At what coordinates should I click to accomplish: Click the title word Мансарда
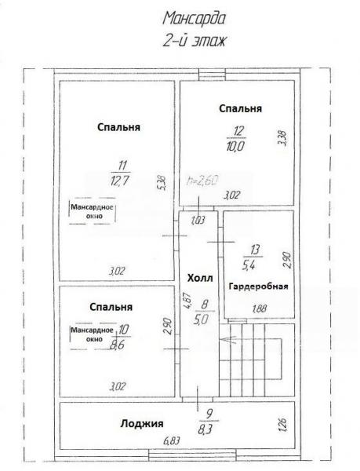[x=194, y=19]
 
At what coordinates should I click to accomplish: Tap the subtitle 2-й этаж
[x=194, y=41]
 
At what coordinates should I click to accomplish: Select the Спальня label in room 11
[x=118, y=127]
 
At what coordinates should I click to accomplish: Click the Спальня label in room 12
[x=241, y=108]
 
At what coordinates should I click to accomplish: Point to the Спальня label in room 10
[x=111, y=307]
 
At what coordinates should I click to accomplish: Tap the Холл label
[x=200, y=278]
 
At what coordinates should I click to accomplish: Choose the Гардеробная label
[x=258, y=287]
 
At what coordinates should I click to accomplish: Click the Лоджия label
[x=142, y=424]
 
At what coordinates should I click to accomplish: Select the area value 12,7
[x=120, y=181]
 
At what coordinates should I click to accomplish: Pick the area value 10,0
[x=236, y=147]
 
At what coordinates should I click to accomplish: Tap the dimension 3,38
[x=282, y=137]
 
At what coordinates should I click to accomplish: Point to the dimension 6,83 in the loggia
[x=172, y=440]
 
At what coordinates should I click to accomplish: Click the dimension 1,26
[x=282, y=424]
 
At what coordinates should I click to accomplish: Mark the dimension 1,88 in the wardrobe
[x=260, y=309]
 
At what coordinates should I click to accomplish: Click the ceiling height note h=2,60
[x=202, y=181]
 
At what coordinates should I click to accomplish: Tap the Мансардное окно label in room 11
[x=92, y=211]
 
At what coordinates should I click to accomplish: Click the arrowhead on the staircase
[x=224, y=339]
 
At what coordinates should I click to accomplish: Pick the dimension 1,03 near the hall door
[x=198, y=221]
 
